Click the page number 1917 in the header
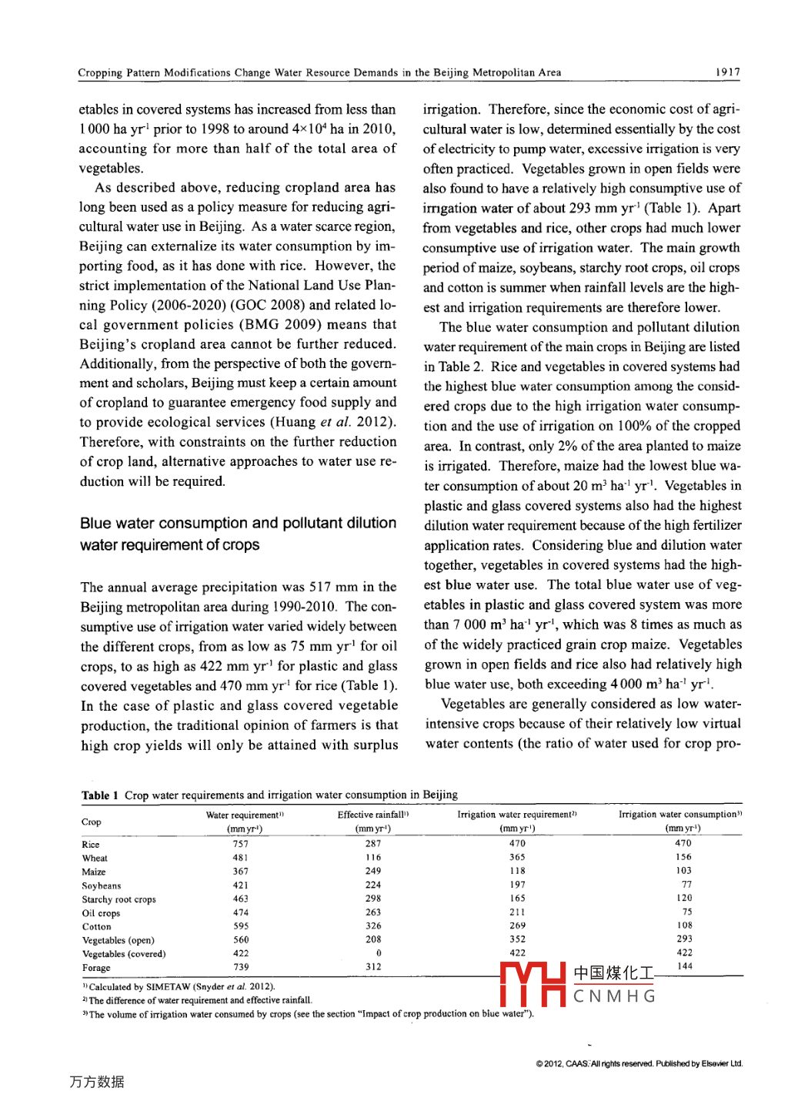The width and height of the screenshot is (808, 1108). [x=727, y=72]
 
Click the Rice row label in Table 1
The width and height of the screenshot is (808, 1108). [x=91, y=845]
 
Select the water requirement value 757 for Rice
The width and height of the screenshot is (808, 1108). [x=241, y=844]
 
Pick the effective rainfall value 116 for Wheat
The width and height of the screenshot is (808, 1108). [x=373, y=858]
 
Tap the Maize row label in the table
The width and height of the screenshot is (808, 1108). [x=94, y=872]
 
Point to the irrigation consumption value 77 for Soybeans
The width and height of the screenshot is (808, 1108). [x=686, y=885]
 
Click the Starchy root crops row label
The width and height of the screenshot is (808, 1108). [x=119, y=899]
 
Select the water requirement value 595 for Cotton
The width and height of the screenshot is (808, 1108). [x=242, y=926]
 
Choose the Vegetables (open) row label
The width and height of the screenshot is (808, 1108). [x=118, y=940]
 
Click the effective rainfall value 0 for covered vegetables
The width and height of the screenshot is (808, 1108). [x=379, y=953]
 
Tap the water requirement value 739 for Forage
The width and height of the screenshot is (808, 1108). [x=242, y=967]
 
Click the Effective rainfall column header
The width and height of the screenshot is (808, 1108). [x=373, y=815]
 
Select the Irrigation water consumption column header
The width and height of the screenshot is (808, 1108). [x=680, y=815]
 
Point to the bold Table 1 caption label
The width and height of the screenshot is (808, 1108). [x=100, y=795]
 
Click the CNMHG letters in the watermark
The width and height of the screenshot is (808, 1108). [x=615, y=997]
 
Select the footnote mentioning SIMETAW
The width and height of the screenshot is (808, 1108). [x=179, y=987]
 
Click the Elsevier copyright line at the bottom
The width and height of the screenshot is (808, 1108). [x=639, y=1064]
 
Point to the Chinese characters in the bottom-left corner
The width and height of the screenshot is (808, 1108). [x=97, y=1082]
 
